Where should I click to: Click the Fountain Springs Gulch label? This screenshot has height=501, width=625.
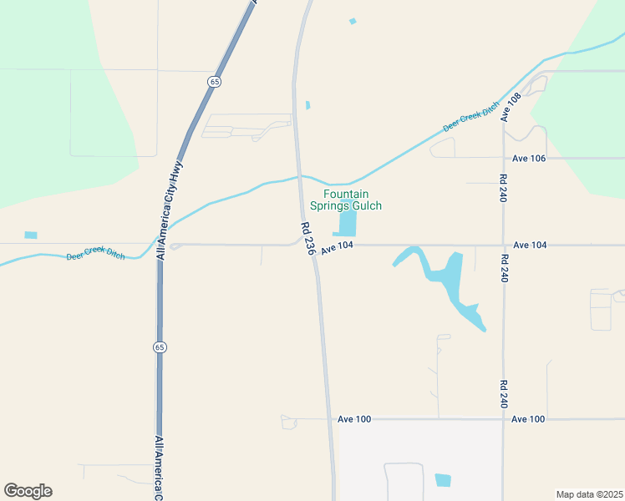pos(345,200)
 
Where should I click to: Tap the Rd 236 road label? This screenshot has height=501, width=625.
pos(308,239)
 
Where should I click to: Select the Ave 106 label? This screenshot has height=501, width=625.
pos(528,158)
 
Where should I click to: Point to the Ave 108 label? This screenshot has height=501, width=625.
pos(511,108)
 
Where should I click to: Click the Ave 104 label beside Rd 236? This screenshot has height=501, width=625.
pos(338,246)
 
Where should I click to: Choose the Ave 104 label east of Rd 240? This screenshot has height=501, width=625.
pos(530,245)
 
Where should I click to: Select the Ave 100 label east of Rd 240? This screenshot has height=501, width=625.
pos(528,418)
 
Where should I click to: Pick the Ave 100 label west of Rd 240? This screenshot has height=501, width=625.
pos(353,418)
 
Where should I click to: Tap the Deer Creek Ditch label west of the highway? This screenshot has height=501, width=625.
pos(95,255)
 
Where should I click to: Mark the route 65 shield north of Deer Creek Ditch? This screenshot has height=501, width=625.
pos(215,81)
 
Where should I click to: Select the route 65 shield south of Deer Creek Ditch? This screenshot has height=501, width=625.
pos(158,347)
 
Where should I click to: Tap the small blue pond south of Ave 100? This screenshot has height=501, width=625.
pos(442,480)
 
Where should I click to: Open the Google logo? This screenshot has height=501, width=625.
pos(28,491)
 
